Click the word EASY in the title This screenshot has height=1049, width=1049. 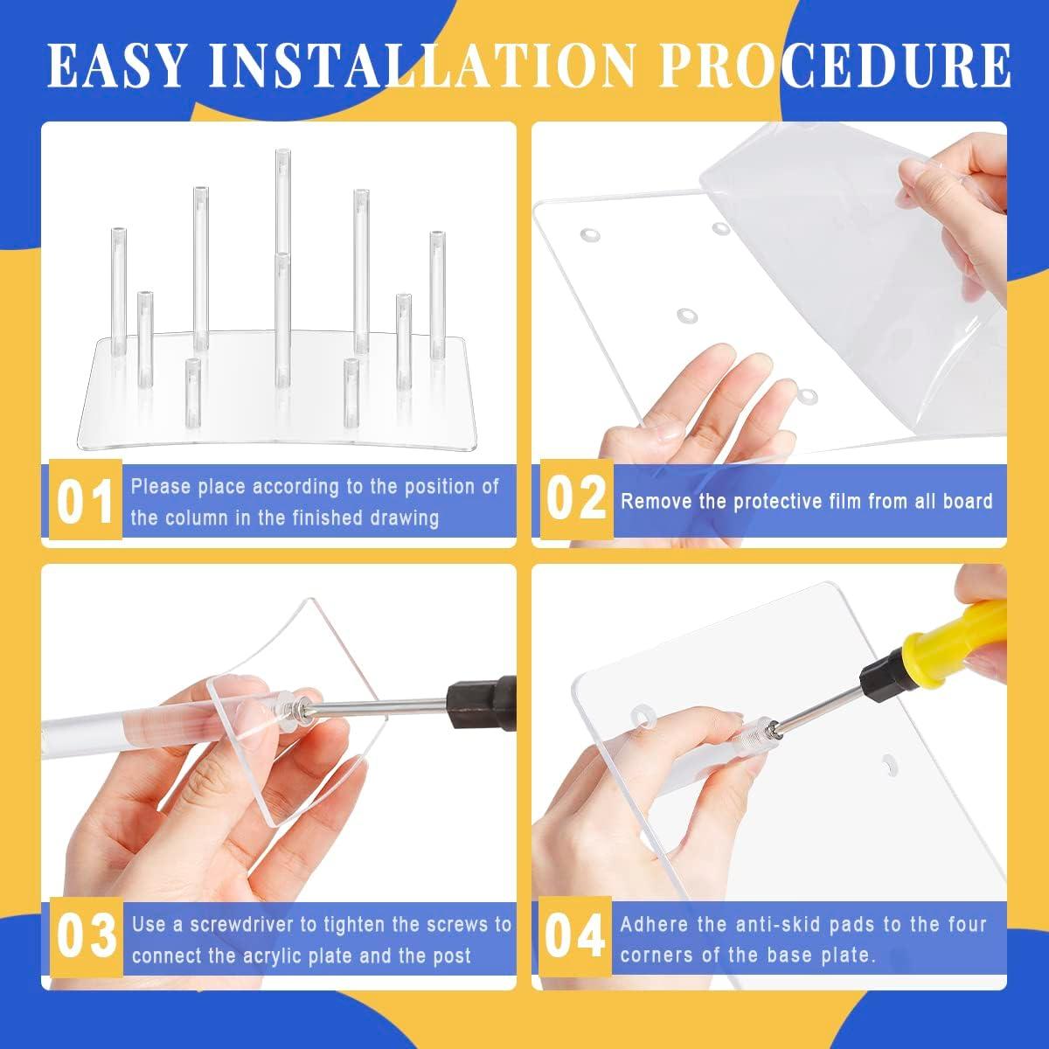116,66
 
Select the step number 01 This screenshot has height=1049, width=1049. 85,502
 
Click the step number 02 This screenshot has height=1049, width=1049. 576,498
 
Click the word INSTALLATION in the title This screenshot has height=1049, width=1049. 423,66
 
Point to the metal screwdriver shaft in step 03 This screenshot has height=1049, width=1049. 380,705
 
